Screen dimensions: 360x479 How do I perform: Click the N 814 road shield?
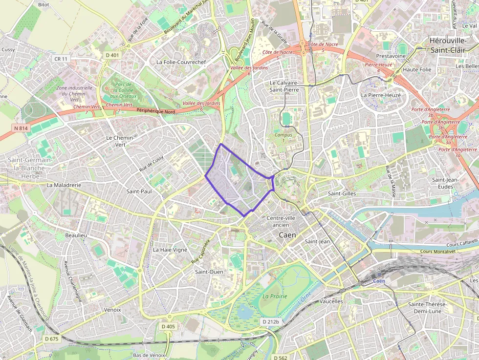pos(20,128)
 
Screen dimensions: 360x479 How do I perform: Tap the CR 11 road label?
pos(61,59)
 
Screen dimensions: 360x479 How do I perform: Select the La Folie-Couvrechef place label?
pos(181,62)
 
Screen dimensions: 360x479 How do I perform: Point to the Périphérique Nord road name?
pos(156,111)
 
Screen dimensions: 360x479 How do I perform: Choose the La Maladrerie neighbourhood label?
pos(64,186)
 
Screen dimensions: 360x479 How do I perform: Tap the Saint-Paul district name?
pos(139,191)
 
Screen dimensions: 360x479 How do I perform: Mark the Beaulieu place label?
pos(76,235)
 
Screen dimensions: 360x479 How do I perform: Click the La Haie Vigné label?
pos(170,250)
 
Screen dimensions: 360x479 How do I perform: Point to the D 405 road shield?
pos(168,326)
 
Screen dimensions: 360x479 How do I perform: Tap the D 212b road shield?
pos(270,322)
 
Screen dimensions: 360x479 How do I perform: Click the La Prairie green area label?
pos(275,296)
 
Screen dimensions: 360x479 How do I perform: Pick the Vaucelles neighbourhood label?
pos(331,301)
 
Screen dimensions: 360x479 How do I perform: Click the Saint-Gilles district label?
pos(342,194)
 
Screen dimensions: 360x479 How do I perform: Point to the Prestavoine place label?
pos(391,56)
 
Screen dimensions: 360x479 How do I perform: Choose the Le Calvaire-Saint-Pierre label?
pos(284,86)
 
